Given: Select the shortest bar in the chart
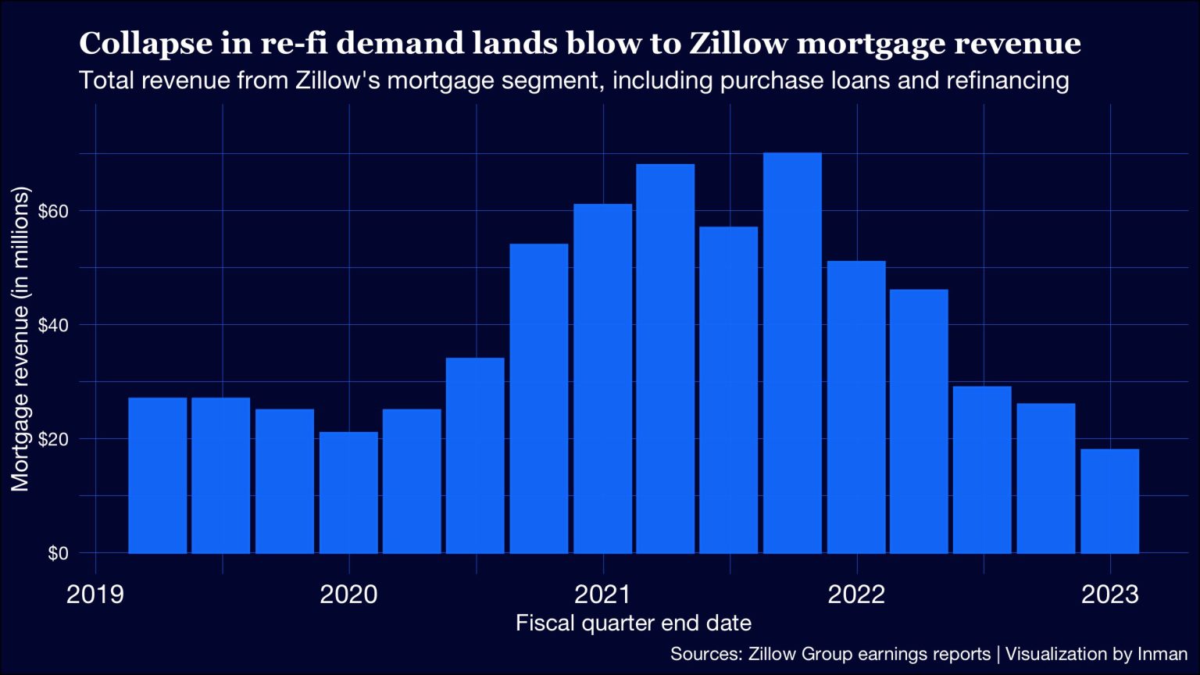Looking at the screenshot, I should (1109, 501).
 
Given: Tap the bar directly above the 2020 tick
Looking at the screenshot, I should (348, 492).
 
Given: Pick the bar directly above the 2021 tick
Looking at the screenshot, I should (602, 379).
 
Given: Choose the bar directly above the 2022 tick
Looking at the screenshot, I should (856, 407).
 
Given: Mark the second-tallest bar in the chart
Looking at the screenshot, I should (665, 359).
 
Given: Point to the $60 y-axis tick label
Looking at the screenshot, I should (54, 211).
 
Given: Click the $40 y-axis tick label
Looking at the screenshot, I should (54, 325).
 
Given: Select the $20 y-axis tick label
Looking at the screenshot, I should (54, 439).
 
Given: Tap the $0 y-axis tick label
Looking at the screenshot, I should (59, 553).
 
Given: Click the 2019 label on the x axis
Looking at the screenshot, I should (95, 595).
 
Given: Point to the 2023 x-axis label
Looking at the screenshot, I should (1109, 595).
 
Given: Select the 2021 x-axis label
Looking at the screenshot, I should (602, 595).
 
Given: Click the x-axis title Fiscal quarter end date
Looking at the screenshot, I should (634, 623).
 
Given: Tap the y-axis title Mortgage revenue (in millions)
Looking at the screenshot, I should (20, 339).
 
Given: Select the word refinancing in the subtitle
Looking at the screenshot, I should (1007, 80).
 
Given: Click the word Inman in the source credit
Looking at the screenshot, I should (1162, 654).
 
